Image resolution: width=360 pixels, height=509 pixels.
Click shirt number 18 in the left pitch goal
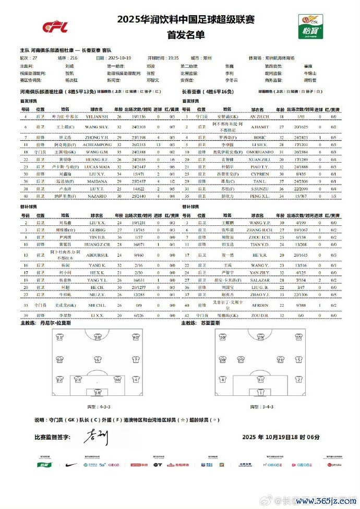tap(97, 392)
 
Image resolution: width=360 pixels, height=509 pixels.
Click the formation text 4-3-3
tap(97, 406)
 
